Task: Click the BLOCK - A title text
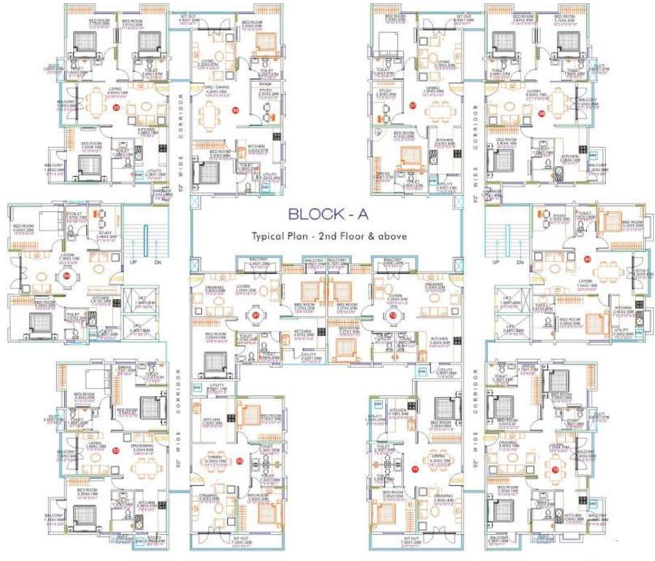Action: [x=326, y=215]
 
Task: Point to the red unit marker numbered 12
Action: [x=392, y=315]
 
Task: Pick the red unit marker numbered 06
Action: [x=235, y=110]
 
